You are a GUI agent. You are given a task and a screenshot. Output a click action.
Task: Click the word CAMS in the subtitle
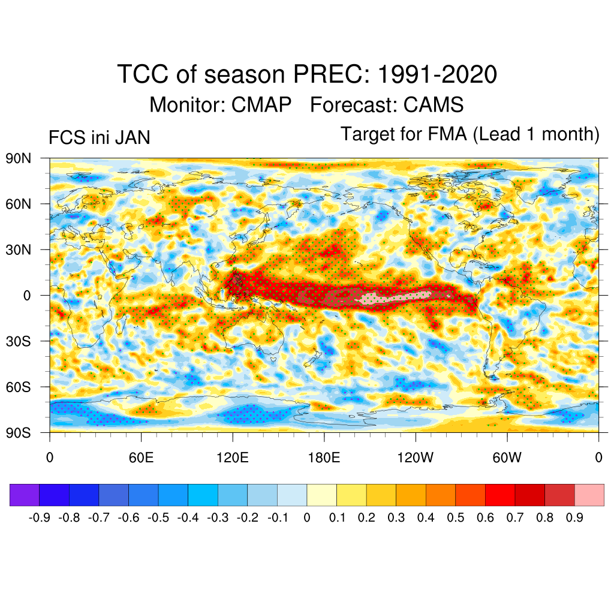(434, 105)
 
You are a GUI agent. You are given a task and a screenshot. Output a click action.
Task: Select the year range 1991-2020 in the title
(438, 75)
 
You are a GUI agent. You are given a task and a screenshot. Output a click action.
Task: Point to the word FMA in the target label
(449, 134)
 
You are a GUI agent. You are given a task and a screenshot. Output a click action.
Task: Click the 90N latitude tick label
(19, 159)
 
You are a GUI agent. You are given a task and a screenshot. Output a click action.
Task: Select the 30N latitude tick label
(19, 249)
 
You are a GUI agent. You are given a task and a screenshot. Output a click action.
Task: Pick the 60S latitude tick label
(19, 387)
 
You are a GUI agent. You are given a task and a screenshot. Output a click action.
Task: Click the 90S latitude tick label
(19, 432)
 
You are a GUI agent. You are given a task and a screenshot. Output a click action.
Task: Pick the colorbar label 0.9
(574, 517)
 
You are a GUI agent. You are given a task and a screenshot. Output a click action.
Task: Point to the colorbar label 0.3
(396, 517)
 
